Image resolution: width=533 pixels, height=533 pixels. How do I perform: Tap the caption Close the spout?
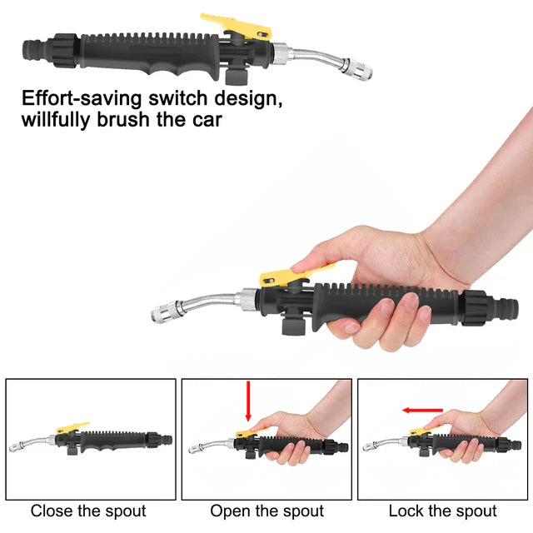(88, 511)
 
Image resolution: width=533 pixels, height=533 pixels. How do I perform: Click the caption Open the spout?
(266, 511)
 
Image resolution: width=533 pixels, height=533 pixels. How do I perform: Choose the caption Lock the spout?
(442, 511)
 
